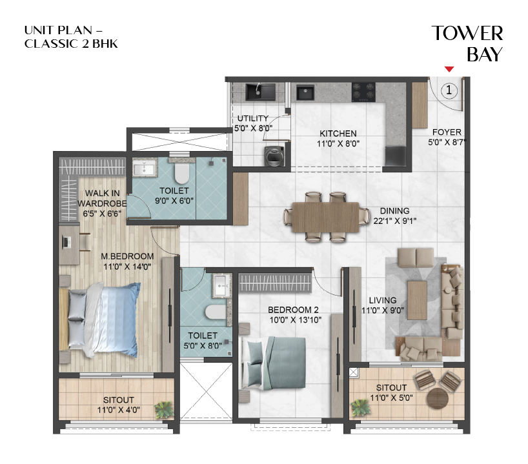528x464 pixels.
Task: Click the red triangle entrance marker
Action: (449, 69)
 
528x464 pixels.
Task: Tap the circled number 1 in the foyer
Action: (450, 90)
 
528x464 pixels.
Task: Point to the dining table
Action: (323, 217)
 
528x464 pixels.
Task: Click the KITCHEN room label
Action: (338, 134)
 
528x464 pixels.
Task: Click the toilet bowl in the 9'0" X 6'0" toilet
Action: (181, 172)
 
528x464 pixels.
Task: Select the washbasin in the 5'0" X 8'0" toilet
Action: (221, 285)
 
